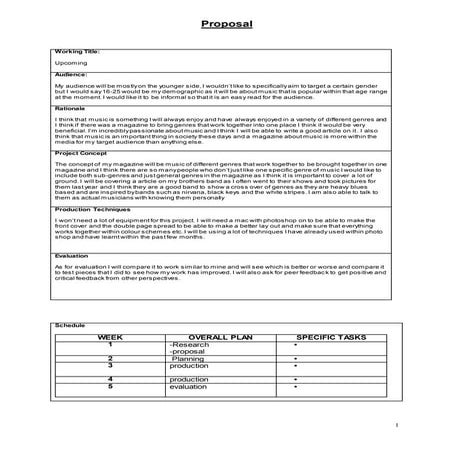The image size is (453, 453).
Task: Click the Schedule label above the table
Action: (66, 326)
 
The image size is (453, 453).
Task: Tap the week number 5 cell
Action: (109, 387)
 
